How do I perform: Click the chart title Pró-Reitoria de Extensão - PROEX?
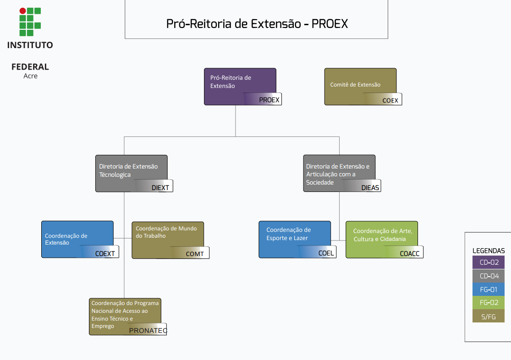tap(257, 24)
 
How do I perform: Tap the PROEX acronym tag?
tap(269, 100)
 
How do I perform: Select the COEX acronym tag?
tap(390, 100)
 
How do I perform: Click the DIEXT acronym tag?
tap(160, 187)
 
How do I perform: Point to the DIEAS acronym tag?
tap(370, 188)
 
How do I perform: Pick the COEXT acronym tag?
tap(105, 253)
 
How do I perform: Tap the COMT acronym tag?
tap(195, 254)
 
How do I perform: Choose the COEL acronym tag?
tap(326, 253)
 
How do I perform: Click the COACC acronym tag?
tap(409, 253)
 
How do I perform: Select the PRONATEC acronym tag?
tap(148, 330)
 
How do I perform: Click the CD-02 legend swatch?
tap(489, 263)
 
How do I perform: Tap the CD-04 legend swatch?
tap(489, 276)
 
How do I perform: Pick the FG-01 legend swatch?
tap(489, 289)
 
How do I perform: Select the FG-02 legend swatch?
tap(489, 303)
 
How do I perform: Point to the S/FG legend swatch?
tap(489, 316)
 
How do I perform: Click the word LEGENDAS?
tap(489, 251)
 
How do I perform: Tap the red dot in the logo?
tap(22, 11)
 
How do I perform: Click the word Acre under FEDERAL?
tap(30, 76)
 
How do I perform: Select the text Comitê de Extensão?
tap(355, 85)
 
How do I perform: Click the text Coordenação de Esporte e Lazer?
tap(288, 234)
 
